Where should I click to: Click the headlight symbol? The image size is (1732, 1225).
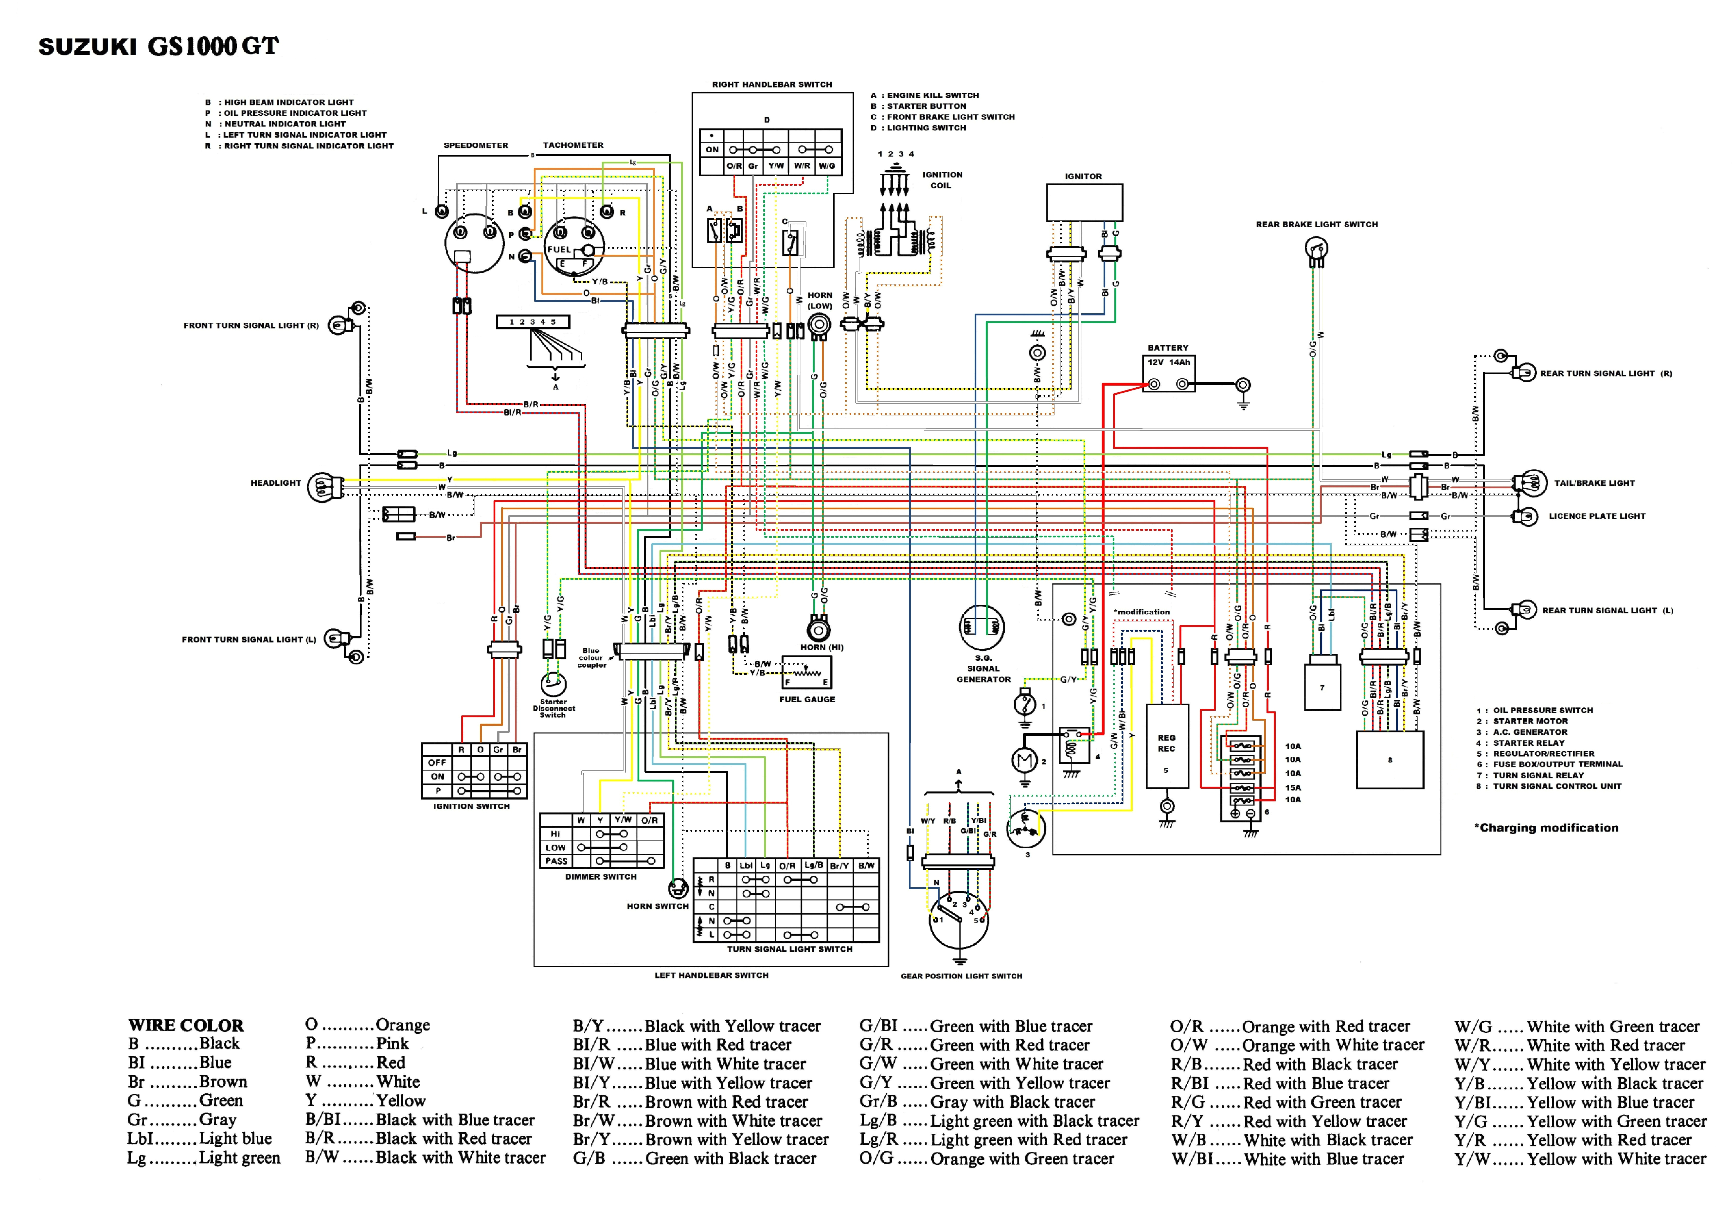(x=323, y=487)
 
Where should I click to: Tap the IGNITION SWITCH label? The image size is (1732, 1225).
(x=471, y=806)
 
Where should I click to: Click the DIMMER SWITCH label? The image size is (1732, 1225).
(x=600, y=876)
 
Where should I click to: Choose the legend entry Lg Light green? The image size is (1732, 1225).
(x=204, y=1158)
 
